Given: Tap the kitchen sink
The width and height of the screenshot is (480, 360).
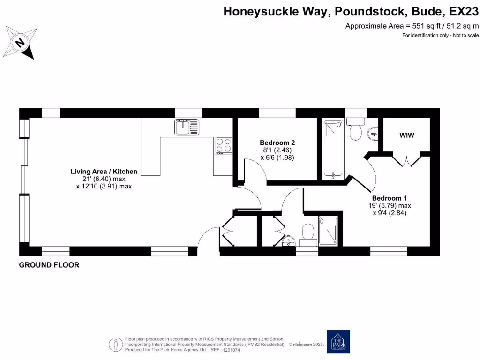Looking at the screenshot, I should click(x=187, y=127).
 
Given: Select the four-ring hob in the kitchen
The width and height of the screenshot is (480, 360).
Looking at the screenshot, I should click(x=224, y=145).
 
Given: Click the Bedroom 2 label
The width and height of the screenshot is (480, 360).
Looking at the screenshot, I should click(x=277, y=142).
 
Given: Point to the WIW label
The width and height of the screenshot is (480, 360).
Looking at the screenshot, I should click(x=407, y=135).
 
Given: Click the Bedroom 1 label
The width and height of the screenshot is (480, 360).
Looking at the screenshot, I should click(x=389, y=198).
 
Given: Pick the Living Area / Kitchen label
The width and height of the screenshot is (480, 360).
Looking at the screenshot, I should click(x=104, y=172).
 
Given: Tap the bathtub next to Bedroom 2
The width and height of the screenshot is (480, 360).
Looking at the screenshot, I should click(x=333, y=149).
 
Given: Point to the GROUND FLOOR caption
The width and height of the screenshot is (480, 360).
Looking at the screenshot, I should click(x=49, y=265).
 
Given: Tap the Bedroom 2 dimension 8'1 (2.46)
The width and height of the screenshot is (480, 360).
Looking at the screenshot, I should click(x=277, y=150).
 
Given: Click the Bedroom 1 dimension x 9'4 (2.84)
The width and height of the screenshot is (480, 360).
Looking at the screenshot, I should click(x=389, y=213).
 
